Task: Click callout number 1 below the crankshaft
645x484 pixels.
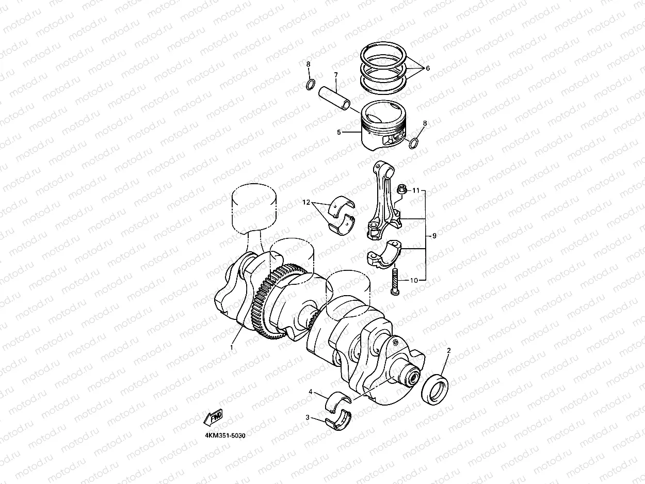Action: click(x=232, y=347)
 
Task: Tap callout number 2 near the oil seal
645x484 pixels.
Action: click(x=448, y=351)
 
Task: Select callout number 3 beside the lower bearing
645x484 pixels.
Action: click(x=308, y=417)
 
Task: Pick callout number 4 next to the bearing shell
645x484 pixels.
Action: click(x=311, y=392)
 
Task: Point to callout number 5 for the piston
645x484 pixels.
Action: click(x=338, y=132)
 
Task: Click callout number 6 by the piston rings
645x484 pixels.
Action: click(x=427, y=68)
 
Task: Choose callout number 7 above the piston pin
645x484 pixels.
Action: click(x=335, y=75)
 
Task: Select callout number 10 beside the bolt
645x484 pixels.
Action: click(x=414, y=280)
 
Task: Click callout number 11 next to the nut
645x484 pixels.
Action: click(x=416, y=191)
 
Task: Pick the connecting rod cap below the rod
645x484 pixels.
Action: click(x=385, y=253)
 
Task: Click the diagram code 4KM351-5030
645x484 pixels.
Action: click(x=225, y=435)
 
